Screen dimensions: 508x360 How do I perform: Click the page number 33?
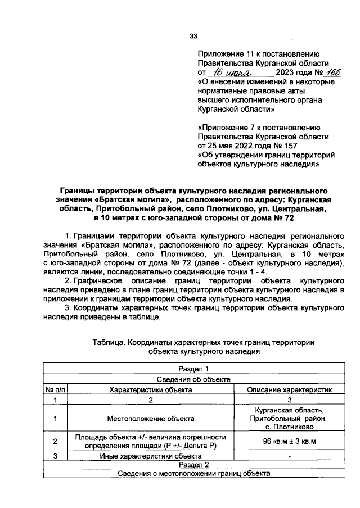[x=193, y=37]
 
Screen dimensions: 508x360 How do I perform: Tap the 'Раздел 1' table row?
[x=193, y=368]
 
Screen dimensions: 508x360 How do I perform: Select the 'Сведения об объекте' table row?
[x=193, y=379]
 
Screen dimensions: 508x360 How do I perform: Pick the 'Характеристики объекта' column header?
[x=150, y=389]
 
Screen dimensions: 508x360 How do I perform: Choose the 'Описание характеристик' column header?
[x=289, y=389]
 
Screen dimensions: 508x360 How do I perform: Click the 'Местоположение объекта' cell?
[x=150, y=419]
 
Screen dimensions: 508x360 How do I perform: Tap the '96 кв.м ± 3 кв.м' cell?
[x=289, y=441]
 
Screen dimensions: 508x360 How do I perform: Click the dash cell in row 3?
[x=289, y=456]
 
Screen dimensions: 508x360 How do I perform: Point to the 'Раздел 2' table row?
[x=193, y=465]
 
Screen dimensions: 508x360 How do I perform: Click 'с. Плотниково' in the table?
[x=289, y=428]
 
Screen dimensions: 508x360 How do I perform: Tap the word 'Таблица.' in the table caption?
[x=108, y=342]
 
